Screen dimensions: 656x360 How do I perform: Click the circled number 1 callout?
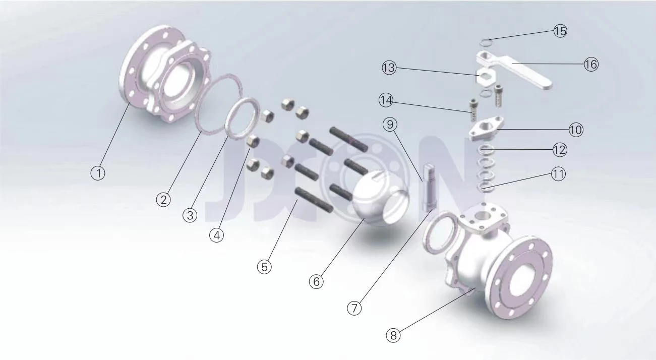98,173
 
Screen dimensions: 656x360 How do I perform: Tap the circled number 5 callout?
264,267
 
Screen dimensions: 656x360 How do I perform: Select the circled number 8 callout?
393,335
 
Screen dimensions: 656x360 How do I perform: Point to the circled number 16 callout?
591,64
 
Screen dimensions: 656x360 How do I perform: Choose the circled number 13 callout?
389,68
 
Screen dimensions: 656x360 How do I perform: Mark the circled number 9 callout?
390,125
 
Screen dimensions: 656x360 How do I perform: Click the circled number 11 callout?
558,174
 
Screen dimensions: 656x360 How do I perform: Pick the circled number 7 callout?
354,308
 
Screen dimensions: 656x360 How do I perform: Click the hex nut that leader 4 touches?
253,141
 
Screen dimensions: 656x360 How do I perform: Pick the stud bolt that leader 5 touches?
314,200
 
